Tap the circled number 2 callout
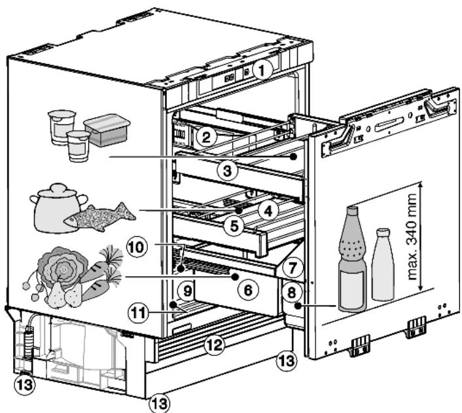point(206,137)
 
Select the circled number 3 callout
point(227,171)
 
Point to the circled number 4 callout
point(268,211)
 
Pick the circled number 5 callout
point(234,226)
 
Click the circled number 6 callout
point(248,290)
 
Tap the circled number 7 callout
point(292,268)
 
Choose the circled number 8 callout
point(291,293)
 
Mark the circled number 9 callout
point(187,291)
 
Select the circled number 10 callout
point(136,247)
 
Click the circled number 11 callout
point(139,313)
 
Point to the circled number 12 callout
point(214,345)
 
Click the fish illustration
point(100,217)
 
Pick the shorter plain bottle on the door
point(383,264)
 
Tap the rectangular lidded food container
point(107,130)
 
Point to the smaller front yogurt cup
point(79,146)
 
